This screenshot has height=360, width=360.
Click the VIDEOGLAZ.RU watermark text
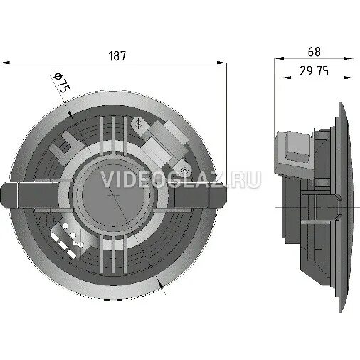181,181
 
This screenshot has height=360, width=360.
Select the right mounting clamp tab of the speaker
216,191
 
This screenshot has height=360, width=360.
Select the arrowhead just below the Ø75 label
70,112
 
